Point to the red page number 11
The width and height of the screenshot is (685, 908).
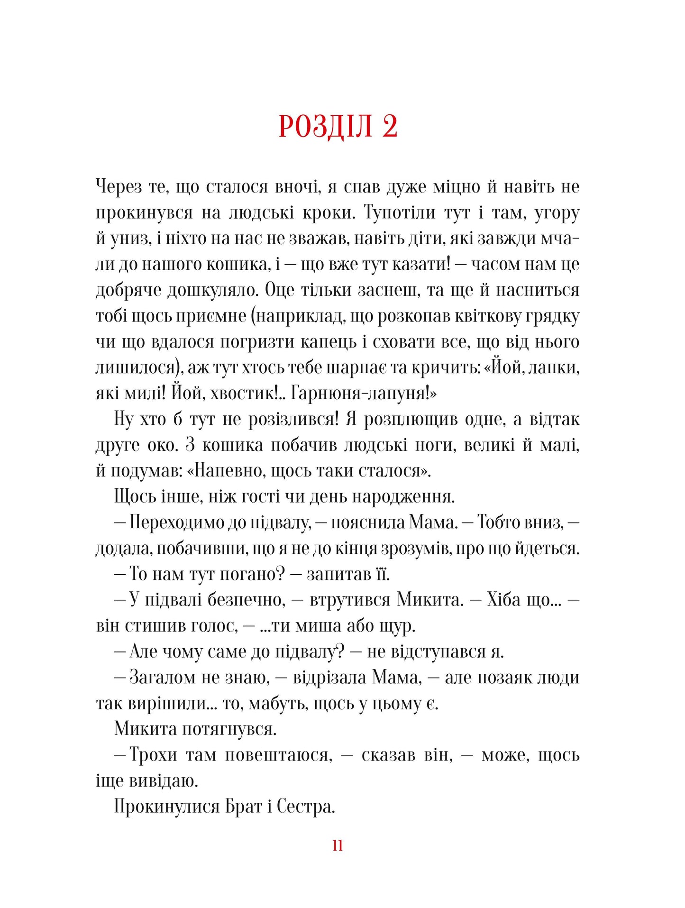click(x=338, y=845)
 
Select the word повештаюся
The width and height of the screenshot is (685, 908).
click(x=276, y=755)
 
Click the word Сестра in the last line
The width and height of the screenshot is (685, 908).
click(x=305, y=807)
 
